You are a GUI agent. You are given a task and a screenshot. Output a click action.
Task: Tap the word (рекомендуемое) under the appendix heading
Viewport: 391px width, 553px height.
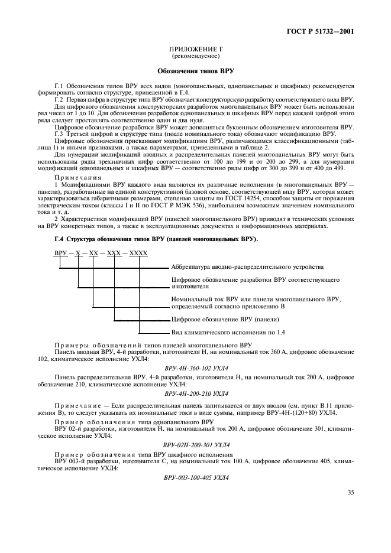tap(195, 57)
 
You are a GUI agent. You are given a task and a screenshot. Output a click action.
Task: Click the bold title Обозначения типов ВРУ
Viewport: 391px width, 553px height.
tap(195, 71)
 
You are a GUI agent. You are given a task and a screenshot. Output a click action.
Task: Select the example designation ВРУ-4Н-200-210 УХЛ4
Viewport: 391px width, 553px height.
tap(196, 392)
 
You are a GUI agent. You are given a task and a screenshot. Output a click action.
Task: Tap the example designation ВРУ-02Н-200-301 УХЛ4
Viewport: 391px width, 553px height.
tap(196, 444)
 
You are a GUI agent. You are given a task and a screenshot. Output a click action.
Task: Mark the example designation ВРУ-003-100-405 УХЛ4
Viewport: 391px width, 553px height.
tap(196, 476)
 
